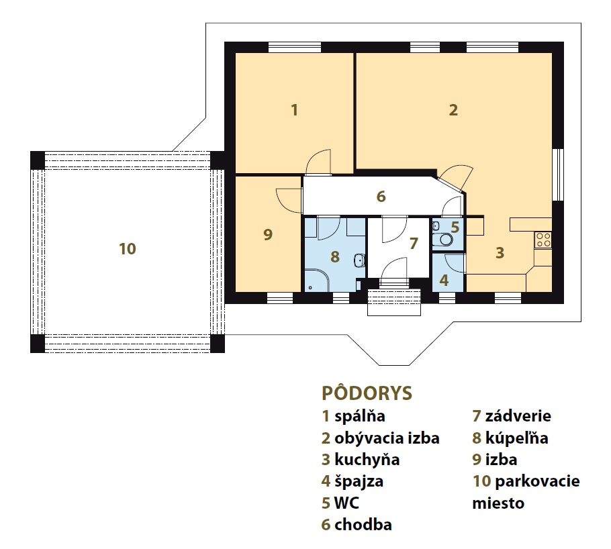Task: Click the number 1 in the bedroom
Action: coord(295,110)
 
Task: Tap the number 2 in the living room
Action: coord(453,110)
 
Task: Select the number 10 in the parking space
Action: coord(128,248)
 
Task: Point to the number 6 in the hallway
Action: coord(381,197)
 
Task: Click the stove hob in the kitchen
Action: coord(543,240)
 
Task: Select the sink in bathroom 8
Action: coord(360,260)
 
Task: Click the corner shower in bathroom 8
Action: coord(317,281)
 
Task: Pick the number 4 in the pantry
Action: coord(444,280)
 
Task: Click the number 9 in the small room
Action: coord(268,234)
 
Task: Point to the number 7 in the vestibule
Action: coord(414,243)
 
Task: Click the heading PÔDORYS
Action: coord(367,393)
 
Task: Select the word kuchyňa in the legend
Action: coord(367,460)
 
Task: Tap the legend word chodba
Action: coord(363,525)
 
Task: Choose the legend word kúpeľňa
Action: coord(517,438)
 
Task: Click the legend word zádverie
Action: coord(518,416)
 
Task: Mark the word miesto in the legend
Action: coord(498,503)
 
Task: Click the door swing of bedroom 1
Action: coord(318,161)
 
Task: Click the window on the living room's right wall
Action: coord(559,174)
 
